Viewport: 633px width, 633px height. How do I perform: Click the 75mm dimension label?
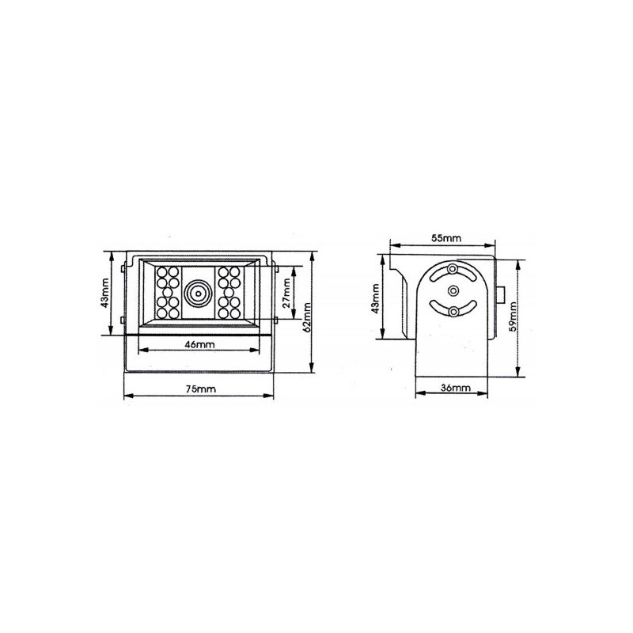coord(200,389)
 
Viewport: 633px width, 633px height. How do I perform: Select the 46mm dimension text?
coord(199,345)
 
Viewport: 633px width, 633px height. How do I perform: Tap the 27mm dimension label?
coord(286,294)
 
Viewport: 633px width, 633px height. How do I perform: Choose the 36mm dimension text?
coord(454,387)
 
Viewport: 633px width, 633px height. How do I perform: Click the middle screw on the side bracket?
coord(452,291)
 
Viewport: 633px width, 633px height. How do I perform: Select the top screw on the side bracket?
coord(452,271)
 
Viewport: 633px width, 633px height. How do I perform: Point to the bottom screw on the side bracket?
coord(452,313)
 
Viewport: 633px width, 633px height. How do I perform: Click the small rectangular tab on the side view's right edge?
coord(500,294)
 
